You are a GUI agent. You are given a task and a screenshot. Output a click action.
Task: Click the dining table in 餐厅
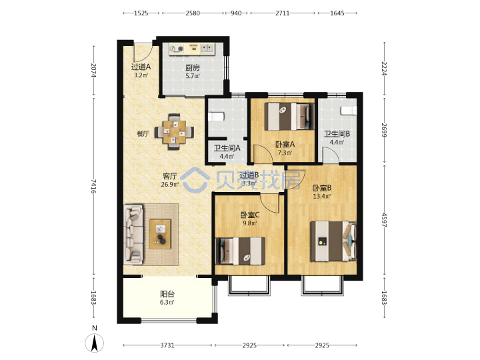pyautogui.click(x=174, y=132)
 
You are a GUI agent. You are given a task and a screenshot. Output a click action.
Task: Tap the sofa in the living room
pyautogui.click(x=133, y=234)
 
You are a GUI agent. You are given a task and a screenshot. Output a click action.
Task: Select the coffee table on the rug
pyautogui.click(x=160, y=234)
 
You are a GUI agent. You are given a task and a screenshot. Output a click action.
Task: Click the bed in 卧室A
pyautogui.click(x=289, y=116)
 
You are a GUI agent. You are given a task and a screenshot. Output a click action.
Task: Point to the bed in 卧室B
pyautogui.click(x=334, y=241)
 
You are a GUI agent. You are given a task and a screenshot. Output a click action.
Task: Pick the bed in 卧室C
pyautogui.click(x=241, y=251)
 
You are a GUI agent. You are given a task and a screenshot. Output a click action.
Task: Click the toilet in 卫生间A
pyautogui.click(x=217, y=117)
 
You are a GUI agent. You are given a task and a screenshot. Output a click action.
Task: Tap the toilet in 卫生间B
pyautogui.click(x=349, y=110)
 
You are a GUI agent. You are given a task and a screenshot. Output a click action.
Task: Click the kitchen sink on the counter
pyautogui.click(x=207, y=49)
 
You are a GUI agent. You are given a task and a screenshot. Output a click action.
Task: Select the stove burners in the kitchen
pyautogui.click(x=177, y=49)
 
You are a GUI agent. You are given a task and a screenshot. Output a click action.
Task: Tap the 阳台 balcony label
pyautogui.click(x=167, y=294)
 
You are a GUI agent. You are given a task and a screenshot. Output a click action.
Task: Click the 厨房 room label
pyautogui.click(x=193, y=67)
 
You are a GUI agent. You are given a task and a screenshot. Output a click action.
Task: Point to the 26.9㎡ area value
pyautogui.click(x=170, y=184)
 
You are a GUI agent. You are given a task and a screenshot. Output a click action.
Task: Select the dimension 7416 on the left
pyautogui.click(x=93, y=186)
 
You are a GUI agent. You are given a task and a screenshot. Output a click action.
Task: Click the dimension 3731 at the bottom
pyautogui.click(x=167, y=345)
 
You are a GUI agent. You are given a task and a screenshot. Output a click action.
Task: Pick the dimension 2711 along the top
pyautogui.click(x=282, y=13)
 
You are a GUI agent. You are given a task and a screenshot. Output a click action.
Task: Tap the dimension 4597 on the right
pyautogui.click(x=384, y=220)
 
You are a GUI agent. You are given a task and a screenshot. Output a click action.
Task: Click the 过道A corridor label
pyautogui.click(x=141, y=67)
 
